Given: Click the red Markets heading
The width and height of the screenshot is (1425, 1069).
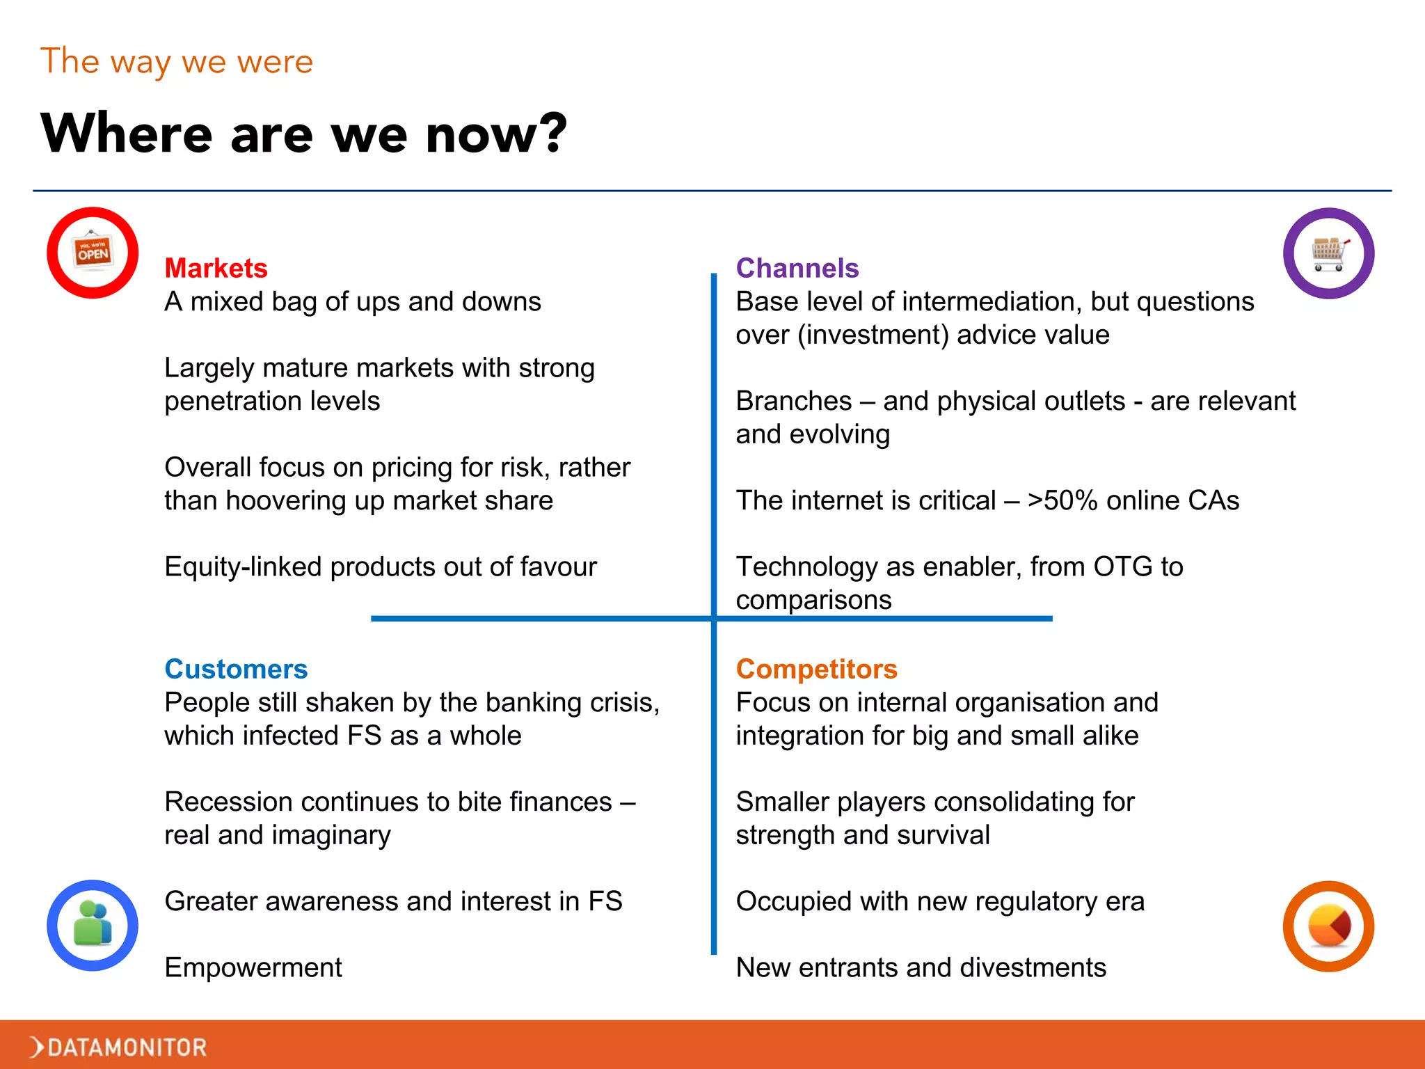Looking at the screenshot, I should point(216,268).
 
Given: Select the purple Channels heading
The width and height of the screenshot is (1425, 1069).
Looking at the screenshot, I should point(797,268).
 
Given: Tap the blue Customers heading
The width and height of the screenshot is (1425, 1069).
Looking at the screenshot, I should point(236,669).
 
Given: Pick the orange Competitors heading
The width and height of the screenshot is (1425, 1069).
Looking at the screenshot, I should point(817,669).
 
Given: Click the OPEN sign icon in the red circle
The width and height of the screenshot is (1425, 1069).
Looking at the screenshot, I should point(93,252).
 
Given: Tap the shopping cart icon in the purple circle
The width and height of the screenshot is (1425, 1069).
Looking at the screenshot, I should point(1328,253).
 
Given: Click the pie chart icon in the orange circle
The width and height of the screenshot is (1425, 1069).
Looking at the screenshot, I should point(1328,926).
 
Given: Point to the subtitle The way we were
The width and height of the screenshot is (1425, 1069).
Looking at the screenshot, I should point(177,61).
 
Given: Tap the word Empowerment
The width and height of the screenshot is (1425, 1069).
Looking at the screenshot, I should point(253,967).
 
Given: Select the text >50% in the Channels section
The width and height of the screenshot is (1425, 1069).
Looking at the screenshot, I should point(1062,500).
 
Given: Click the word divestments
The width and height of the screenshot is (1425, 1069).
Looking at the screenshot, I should point(1031,967).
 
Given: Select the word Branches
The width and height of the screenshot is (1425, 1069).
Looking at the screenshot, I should point(793,401).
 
